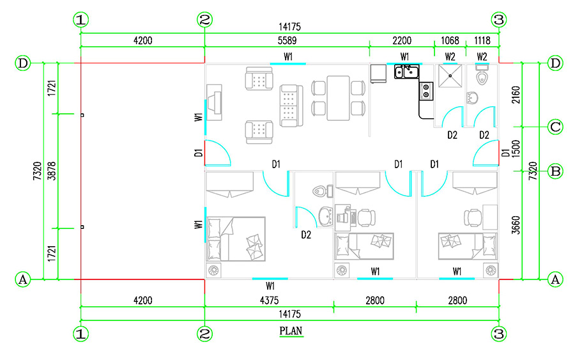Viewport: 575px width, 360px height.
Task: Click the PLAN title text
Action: coord(291,331)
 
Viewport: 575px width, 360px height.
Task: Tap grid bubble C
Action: coord(555,127)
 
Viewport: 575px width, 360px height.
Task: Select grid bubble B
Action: coord(555,171)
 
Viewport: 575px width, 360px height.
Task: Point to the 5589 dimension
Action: coord(287,40)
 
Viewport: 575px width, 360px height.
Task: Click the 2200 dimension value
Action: coord(402,40)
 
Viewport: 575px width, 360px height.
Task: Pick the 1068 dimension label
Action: coord(450,40)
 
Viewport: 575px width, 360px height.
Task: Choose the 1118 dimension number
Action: coord(482,40)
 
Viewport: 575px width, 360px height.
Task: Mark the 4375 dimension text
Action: coord(269,301)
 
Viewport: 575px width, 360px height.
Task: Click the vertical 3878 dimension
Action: coord(52,171)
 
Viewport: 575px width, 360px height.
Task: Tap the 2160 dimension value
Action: coord(516,95)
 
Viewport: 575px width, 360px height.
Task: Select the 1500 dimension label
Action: coord(516,148)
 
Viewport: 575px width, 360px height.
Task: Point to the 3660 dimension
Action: coord(516,225)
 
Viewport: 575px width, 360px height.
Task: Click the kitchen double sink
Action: coord(407,72)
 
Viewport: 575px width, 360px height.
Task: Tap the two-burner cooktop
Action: coord(426,91)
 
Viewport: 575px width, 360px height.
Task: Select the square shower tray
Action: coord(450,76)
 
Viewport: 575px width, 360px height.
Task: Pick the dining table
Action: coord(338,98)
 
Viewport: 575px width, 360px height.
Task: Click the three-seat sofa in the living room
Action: coord(291,106)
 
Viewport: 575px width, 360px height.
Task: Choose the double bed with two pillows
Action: coord(236,239)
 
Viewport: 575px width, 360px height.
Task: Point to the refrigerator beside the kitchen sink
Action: coord(378,74)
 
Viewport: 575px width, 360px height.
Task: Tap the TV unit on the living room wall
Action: coord(214,102)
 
